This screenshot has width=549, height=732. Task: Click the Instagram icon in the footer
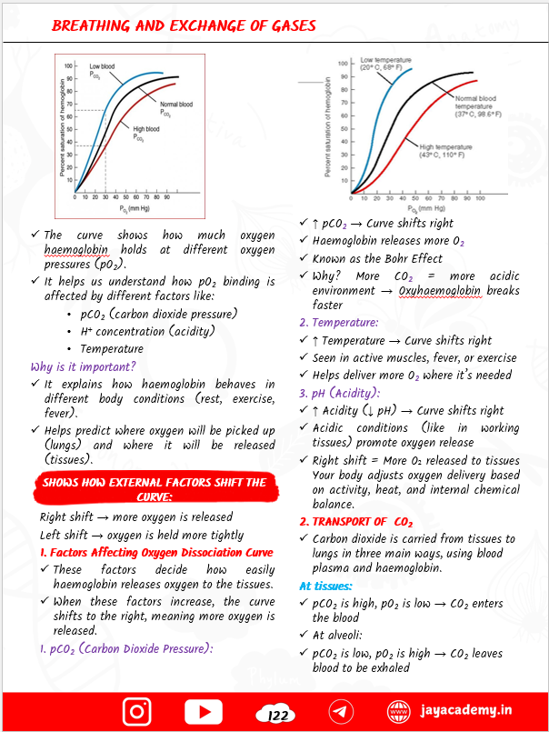(x=136, y=711)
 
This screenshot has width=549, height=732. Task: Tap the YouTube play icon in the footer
(x=204, y=711)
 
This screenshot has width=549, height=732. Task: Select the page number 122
(x=275, y=716)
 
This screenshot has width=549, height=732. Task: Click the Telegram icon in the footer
(x=341, y=711)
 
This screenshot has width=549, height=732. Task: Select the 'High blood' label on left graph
(x=146, y=133)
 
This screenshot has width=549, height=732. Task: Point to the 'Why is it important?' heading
(x=83, y=366)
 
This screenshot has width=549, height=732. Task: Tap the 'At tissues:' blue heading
(x=327, y=586)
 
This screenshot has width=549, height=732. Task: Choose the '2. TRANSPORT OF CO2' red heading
(x=356, y=521)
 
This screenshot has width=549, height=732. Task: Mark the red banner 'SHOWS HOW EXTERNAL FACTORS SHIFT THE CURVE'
(x=154, y=489)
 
